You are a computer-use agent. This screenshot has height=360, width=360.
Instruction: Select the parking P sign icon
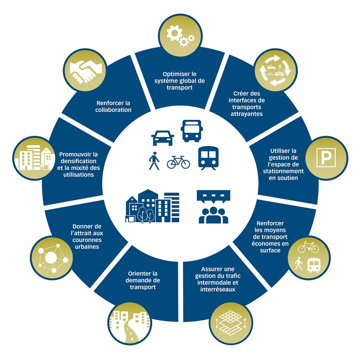[x=326, y=157]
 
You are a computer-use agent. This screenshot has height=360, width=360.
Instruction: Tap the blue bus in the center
[x=191, y=130]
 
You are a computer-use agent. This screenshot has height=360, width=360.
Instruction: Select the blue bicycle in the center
[x=178, y=162]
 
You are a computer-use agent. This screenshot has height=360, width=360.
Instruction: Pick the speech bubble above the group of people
[x=213, y=196]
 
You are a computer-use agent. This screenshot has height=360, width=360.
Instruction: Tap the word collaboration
[x=113, y=110]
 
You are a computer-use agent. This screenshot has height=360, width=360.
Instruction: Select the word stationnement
[x=283, y=171]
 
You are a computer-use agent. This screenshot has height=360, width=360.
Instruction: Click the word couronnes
[x=87, y=240]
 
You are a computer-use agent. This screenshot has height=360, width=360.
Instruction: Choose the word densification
[x=78, y=161]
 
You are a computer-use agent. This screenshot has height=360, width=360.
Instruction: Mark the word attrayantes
[x=246, y=114]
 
